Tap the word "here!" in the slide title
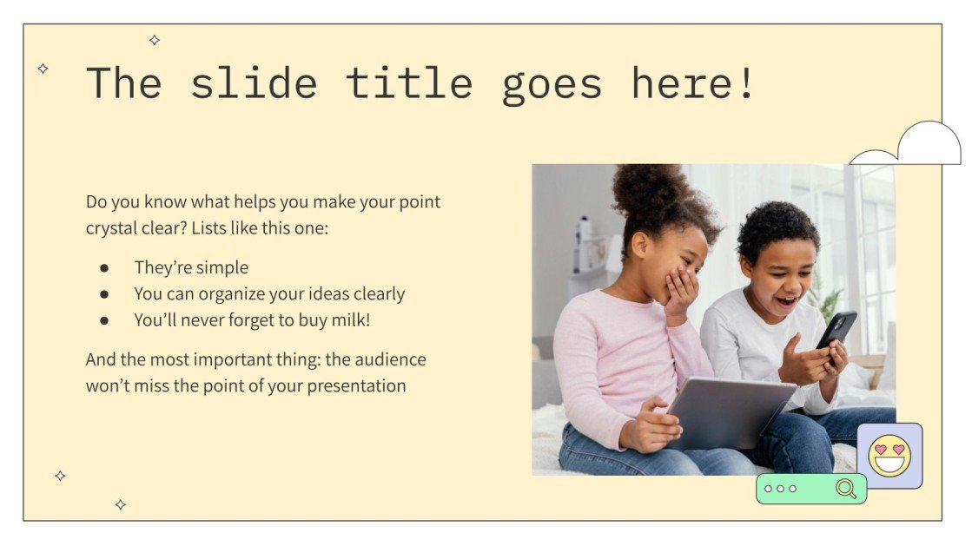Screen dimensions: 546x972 693,83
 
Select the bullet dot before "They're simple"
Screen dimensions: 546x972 104,268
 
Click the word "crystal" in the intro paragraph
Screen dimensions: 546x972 113,229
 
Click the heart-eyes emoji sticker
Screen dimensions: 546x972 889,456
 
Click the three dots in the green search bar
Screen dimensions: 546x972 780,489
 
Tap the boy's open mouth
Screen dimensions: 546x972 785,301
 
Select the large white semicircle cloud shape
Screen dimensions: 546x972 929,144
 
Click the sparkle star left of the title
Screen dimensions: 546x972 43,69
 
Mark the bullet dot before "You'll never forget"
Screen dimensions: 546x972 104,320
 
